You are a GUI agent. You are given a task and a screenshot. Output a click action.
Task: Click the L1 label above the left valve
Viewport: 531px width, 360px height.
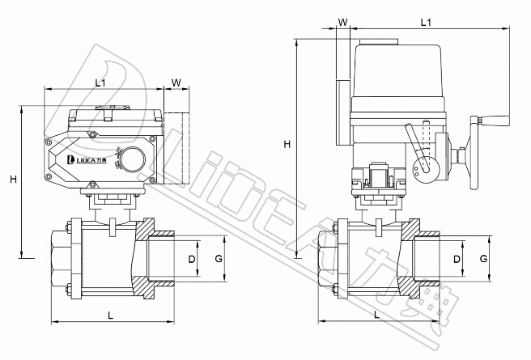tap(101, 82)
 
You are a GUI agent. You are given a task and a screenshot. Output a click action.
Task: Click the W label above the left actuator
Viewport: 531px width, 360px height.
tap(176, 82)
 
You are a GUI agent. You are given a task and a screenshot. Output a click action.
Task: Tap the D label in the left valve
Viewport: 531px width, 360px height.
tap(192, 259)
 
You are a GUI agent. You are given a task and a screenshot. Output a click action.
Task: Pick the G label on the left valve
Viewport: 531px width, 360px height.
tap(218, 259)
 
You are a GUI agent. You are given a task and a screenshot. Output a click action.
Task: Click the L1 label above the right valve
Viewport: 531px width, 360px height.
tap(426, 25)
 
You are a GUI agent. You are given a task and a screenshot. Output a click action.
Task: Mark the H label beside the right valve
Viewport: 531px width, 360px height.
tap(287, 144)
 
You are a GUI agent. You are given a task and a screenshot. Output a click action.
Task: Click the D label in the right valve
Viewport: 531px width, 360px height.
tap(457, 259)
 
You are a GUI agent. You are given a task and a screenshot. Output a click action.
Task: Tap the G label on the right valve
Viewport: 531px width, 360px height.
tap(483, 259)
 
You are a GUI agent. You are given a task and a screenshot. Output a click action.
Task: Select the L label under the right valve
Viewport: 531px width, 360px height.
tap(377, 313)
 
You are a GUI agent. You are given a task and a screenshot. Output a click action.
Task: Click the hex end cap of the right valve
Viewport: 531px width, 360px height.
tap(328, 258)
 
